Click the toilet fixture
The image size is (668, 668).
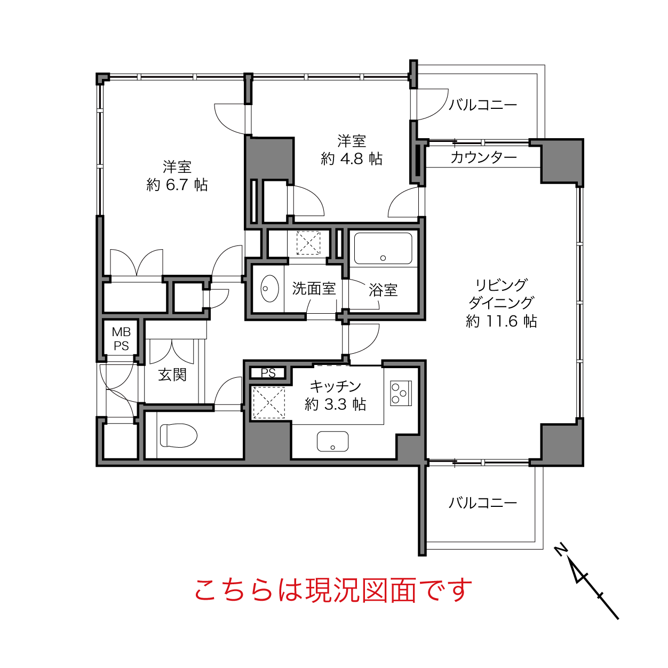coord(179,435)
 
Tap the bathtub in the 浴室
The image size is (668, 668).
coord(383,248)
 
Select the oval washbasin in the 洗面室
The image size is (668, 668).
coord(269,289)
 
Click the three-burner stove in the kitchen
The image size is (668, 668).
coord(401,393)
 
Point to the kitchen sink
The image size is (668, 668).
coord(332,441)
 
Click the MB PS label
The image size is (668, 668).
coord(121,339)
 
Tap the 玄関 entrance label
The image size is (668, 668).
coord(172,375)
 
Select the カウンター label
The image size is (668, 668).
coord(483,158)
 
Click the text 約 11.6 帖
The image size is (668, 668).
coord(501,321)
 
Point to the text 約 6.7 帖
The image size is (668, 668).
coord(177,185)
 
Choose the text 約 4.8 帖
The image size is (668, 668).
coord(352,159)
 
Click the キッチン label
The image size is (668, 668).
coord(335,386)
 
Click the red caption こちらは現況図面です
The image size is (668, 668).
coord(333,590)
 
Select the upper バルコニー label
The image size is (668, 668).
coord(483,105)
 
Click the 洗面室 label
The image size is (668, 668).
coord(314,289)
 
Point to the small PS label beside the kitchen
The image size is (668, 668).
coord(268,372)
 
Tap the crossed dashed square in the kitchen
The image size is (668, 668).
coord(269,402)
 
